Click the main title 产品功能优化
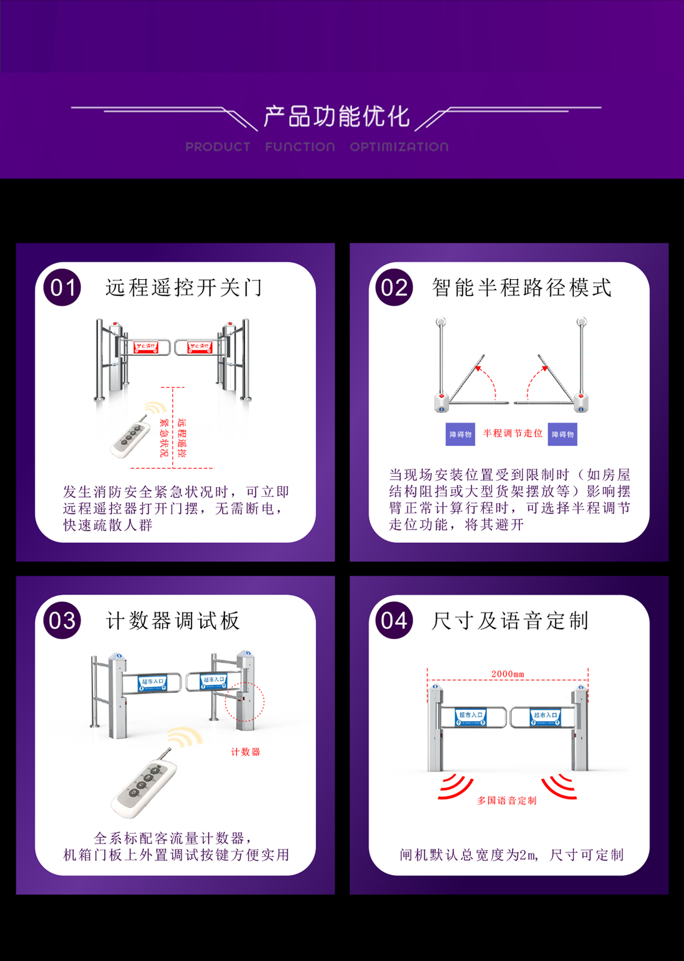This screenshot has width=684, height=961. click(337, 116)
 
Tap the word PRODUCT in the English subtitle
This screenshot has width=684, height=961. click(217, 147)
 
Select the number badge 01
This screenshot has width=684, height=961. click(63, 288)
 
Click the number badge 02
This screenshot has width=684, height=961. click(394, 288)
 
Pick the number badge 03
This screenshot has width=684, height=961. click(63, 620)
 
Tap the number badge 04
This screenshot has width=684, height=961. click(394, 620)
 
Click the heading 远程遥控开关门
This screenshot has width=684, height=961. click(184, 288)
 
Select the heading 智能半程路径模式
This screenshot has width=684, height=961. click(522, 288)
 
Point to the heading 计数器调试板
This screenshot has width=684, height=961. click(173, 620)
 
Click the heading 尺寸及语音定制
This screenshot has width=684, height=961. click(510, 620)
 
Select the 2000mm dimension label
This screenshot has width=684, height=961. click(508, 674)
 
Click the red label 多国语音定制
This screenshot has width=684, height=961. click(507, 800)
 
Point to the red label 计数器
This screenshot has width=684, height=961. click(245, 752)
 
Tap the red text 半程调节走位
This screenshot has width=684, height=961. click(512, 433)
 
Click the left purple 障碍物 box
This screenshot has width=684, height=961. click(460, 434)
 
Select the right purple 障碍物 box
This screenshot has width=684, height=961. click(563, 434)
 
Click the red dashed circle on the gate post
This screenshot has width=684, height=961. click(245, 702)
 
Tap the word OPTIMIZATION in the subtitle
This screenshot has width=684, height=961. click(399, 147)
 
